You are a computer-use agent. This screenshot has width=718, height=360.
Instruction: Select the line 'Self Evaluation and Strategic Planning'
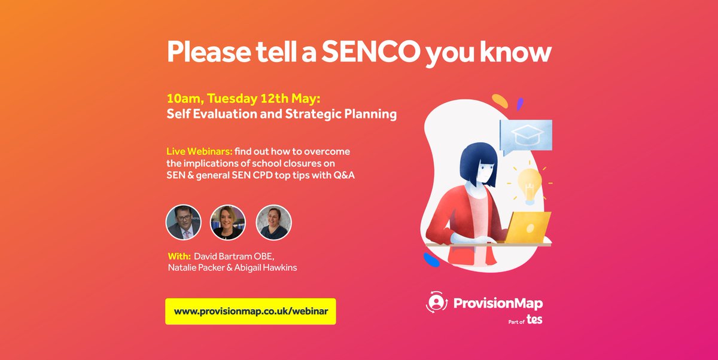281,114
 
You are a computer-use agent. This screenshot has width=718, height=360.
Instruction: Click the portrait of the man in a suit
182,222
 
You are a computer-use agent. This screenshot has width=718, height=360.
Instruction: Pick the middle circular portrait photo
228,222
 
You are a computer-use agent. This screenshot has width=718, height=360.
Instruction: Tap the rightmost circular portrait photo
273,222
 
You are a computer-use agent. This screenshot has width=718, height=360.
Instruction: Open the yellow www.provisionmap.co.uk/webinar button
251,312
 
